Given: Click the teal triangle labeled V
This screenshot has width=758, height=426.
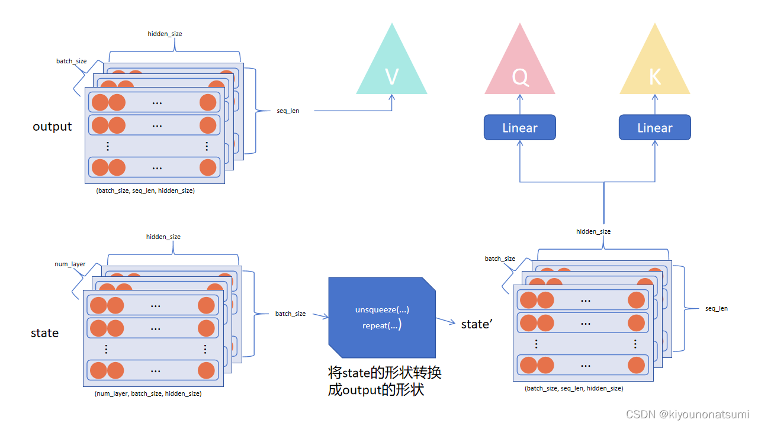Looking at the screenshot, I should click(391, 71).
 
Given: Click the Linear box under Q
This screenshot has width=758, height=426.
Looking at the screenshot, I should click(520, 128).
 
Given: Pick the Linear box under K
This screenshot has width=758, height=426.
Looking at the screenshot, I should click(655, 128).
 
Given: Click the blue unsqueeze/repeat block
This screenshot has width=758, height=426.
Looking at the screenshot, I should click(382, 318).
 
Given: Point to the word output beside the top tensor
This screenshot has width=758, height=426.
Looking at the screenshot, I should click(52, 127).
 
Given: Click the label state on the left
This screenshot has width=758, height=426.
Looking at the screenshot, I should click(44, 333).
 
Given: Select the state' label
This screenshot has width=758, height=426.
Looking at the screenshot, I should click(476, 324).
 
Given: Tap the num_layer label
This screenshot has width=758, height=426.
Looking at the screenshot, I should click(70, 264).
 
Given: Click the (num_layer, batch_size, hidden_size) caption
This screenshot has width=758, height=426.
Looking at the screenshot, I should click(148, 393).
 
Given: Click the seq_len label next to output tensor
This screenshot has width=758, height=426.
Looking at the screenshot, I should click(288, 111).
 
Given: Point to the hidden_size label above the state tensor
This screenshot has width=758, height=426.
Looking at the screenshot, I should click(163, 237).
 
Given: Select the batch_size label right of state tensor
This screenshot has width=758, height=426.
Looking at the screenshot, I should click(290, 314).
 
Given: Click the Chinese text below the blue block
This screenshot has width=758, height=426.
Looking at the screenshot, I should click(385, 382).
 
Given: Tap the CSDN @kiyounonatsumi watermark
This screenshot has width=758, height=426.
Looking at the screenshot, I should click(687, 414).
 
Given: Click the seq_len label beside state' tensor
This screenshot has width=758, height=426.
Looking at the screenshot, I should click(717, 308).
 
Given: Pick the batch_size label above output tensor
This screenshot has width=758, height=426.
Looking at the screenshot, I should click(72, 61).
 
